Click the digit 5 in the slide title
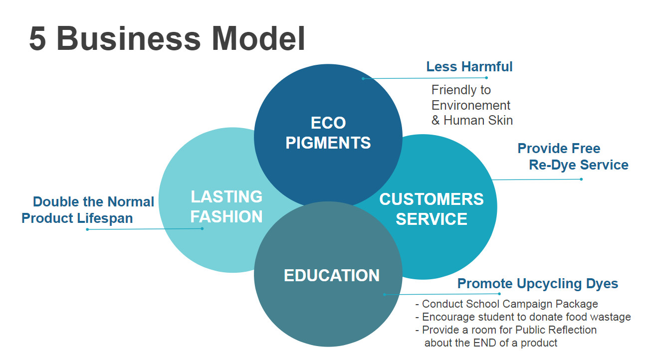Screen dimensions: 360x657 click(x=38, y=38)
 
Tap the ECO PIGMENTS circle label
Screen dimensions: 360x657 click(x=328, y=133)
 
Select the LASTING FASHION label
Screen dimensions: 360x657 click(x=226, y=206)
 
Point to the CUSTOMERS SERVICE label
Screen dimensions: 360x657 click(x=431, y=209)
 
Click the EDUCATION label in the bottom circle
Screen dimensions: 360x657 click(x=331, y=275)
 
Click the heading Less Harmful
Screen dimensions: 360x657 click(x=469, y=66)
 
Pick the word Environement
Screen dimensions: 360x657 click(x=471, y=105)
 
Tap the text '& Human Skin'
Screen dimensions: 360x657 click(x=472, y=120)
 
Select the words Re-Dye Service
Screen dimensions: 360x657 click(x=579, y=165)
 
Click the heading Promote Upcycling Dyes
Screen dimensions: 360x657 click(x=537, y=284)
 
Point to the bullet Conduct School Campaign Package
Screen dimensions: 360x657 click(x=509, y=304)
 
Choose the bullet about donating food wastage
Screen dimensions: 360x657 click(x=526, y=317)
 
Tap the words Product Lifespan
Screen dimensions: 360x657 click(x=77, y=218)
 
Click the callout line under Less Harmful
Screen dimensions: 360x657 click(x=424, y=78)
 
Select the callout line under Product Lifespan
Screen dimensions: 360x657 click(x=145, y=229)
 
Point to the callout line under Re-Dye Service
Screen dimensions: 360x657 click(x=536, y=180)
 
